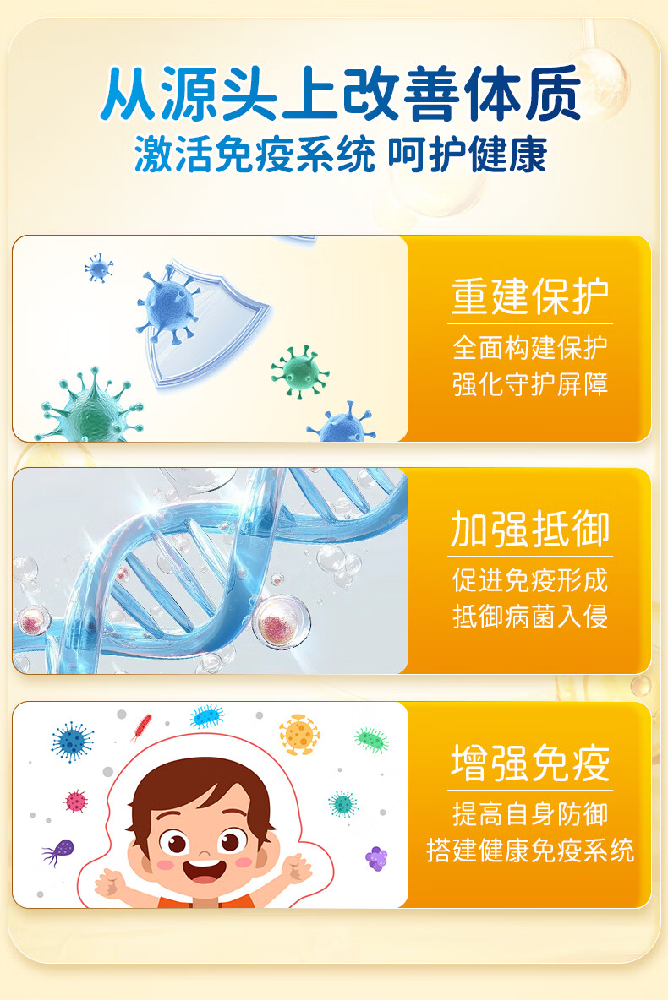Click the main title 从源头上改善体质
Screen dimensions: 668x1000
[x=341, y=94]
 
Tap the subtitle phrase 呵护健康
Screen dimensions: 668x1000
[x=468, y=155]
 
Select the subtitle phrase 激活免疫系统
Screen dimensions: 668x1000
[x=255, y=155]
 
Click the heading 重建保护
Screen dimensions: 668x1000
[x=530, y=296]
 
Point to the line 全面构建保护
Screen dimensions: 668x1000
[x=530, y=348]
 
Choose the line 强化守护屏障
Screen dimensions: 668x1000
[x=530, y=384]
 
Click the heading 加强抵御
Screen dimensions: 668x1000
[x=530, y=530]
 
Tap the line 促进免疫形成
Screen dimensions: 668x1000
[x=530, y=580]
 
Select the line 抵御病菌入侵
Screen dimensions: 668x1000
[x=530, y=617]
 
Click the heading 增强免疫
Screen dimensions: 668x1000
[x=530, y=763]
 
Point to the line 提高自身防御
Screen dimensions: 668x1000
[x=530, y=814]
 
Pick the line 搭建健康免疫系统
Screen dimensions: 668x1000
[x=530, y=851]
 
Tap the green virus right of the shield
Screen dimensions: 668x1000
[x=299, y=372]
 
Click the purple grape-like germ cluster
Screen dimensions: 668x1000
[x=377, y=858]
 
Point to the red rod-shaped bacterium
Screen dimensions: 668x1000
[x=141, y=728]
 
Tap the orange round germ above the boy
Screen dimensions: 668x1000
[x=299, y=734]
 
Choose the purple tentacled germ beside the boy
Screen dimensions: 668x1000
[x=58, y=851]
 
